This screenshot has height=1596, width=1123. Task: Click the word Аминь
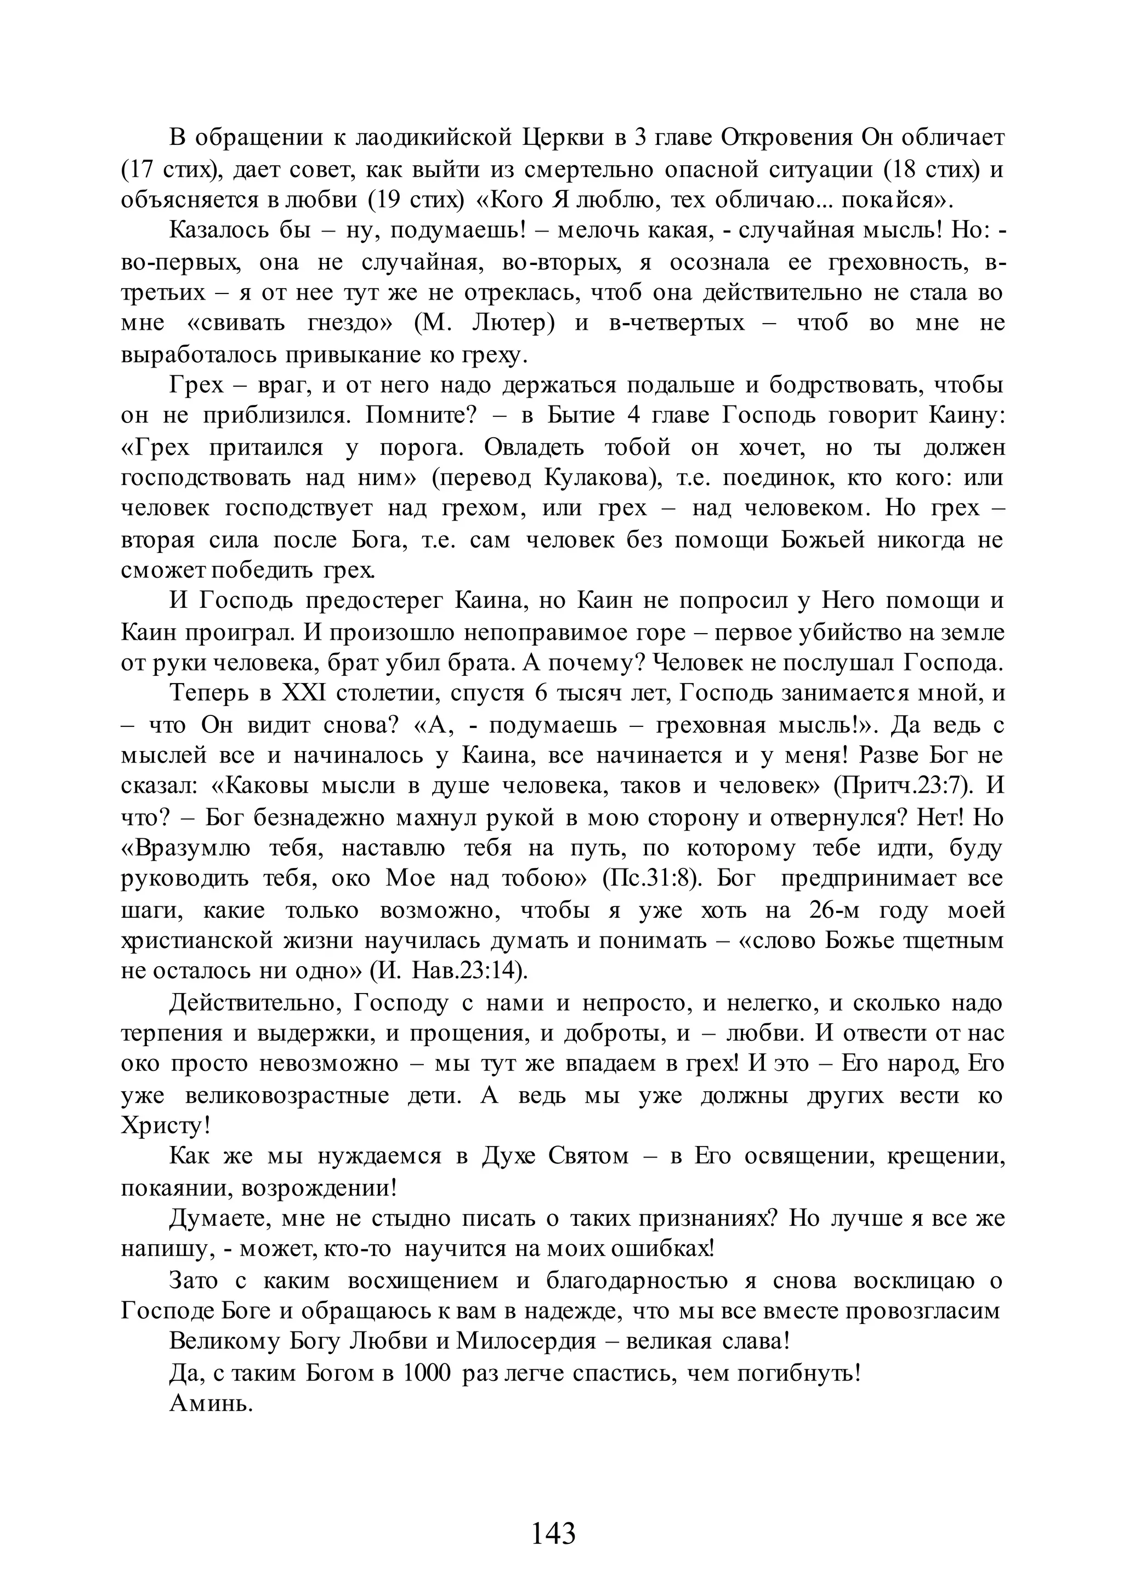click(211, 1403)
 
